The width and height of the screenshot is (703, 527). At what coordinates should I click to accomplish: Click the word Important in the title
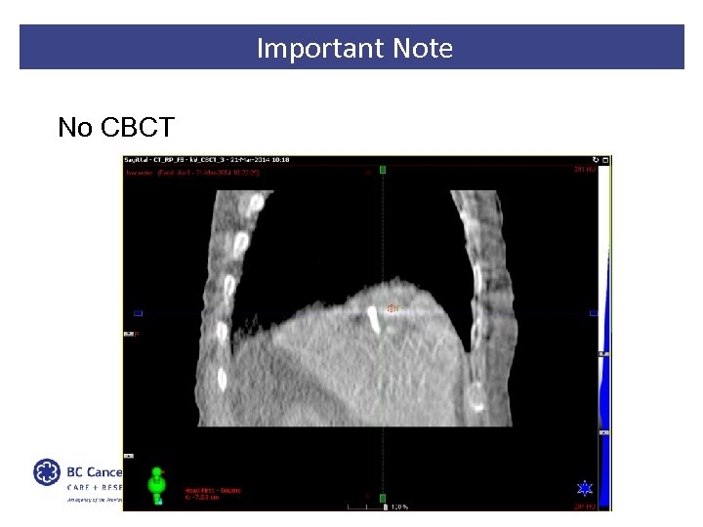(x=305, y=48)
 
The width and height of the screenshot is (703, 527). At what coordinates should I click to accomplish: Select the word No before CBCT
(x=74, y=127)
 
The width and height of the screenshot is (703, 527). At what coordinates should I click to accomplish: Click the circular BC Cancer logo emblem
(x=46, y=473)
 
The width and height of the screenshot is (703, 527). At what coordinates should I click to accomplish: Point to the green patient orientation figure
(x=156, y=486)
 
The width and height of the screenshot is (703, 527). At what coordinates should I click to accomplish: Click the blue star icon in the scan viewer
(x=585, y=488)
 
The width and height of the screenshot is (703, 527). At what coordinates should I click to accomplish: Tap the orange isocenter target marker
(x=392, y=308)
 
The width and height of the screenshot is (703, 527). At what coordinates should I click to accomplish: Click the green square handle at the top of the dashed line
(x=383, y=170)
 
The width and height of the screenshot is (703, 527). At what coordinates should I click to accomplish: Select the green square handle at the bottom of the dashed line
(x=383, y=498)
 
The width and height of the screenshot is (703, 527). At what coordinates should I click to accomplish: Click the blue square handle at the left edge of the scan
(x=138, y=313)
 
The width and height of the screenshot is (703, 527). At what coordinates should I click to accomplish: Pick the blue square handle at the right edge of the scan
(x=594, y=313)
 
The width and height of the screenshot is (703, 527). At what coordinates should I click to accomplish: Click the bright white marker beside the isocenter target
(x=373, y=316)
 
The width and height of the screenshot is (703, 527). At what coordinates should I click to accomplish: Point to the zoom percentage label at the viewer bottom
(x=398, y=506)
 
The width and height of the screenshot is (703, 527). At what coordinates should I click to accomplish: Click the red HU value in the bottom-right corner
(x=584, y=507)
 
